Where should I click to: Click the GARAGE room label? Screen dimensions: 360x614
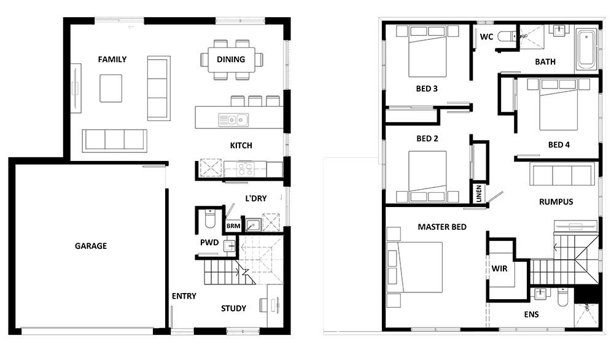[x=91, y=246]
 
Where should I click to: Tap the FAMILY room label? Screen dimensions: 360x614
[x=112, y=60]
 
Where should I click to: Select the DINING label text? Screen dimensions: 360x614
[x=231, y=60]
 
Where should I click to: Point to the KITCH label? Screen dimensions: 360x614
[x=241, y=146]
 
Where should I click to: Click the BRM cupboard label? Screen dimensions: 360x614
[x=233, y=226]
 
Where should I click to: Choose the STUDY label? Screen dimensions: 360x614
[x=233, y=308]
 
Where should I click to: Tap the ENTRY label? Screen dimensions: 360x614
[x=184, y=296]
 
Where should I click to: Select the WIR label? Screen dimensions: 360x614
[x=499, y=268]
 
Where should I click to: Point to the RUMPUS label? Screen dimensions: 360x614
[x=556, y=202]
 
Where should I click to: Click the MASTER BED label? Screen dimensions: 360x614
[x=442, y=227]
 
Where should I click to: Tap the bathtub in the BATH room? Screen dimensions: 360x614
[x=586, y=49]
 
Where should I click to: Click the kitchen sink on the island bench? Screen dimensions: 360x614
[x=233, y=119]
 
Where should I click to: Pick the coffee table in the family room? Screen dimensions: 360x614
[x=111, y=88]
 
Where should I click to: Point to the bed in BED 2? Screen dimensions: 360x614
[x=428, y=175]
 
